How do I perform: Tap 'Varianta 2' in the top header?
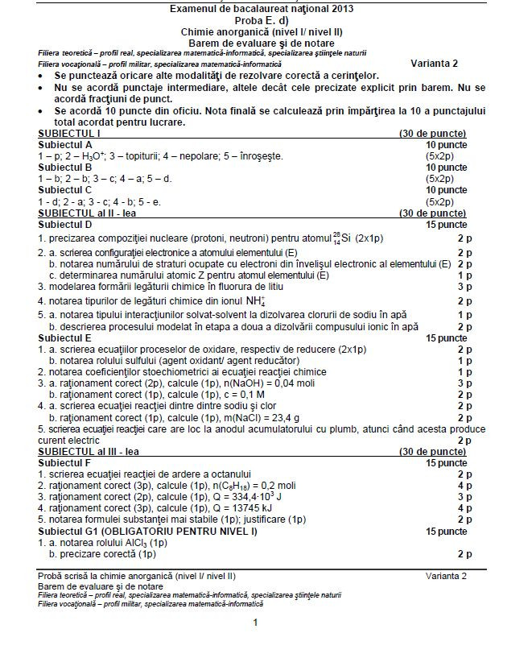pyautogui.click(x=434, y=63)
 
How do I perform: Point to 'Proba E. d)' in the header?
pyautogui.click(x=266, y=19)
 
